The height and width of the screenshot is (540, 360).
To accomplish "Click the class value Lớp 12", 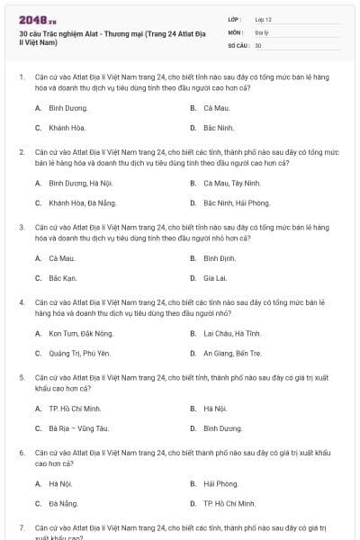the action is pyautogui.click(x=263, y=19).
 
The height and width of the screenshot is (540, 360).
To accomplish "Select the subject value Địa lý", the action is pyautogui.click(x=261, y=31).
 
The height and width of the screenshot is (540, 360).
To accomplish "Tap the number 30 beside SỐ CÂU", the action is pyautogui.click(x=258, y=44).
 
